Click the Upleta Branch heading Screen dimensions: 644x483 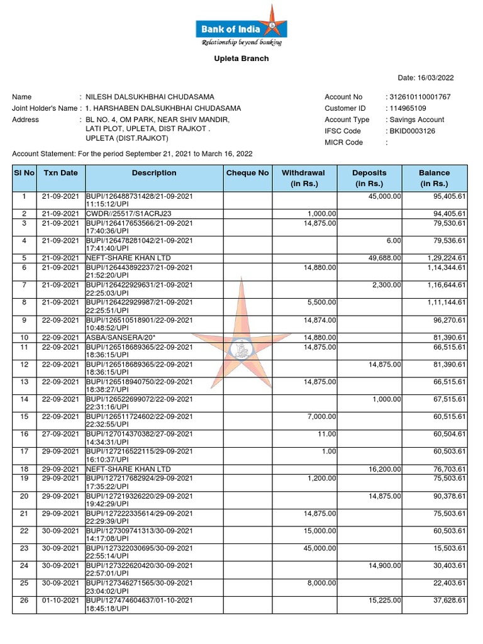[x=241, y=58]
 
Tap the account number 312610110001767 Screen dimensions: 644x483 [x=420, y=97]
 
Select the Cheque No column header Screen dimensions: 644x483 [x=247, y=173]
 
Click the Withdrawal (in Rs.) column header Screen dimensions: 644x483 [x=303, y=178]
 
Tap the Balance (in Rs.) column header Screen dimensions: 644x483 [x=434, y=178]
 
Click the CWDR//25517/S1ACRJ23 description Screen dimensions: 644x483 [x=124, y=214]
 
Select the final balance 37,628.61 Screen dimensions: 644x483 [x=446, y=601]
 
